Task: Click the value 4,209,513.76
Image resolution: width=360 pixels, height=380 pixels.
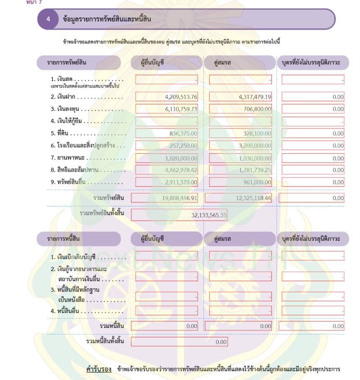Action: tap(181, 97)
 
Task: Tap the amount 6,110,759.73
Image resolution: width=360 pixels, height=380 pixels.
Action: tap(181, 109)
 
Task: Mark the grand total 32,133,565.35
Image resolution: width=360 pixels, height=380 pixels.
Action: tap(209, 215)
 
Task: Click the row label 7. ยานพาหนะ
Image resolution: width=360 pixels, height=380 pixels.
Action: tap(67, 158)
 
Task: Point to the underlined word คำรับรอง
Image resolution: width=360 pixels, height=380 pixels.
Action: tap(99, 370)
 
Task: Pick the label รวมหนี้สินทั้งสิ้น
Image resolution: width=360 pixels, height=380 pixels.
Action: tap(104, 342)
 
